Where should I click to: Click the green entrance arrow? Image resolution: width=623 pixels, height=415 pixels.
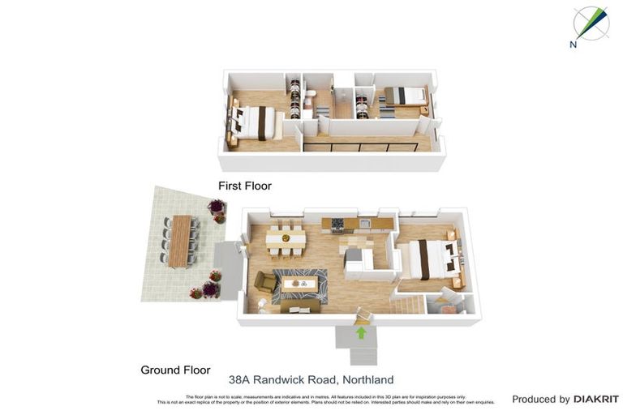361,332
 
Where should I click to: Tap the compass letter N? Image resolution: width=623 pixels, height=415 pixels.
573,45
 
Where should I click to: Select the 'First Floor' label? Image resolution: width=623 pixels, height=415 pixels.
244,186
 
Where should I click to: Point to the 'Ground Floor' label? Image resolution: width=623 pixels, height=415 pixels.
175,370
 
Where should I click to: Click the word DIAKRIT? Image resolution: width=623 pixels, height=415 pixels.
596,399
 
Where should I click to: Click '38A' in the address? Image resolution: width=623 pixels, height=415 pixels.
239,379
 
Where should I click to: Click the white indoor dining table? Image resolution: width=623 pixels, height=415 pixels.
286,239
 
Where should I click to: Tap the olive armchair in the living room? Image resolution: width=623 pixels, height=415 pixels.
265,281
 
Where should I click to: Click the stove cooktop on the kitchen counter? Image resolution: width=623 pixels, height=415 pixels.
337,223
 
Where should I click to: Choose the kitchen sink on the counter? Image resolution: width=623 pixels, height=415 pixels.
365,223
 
